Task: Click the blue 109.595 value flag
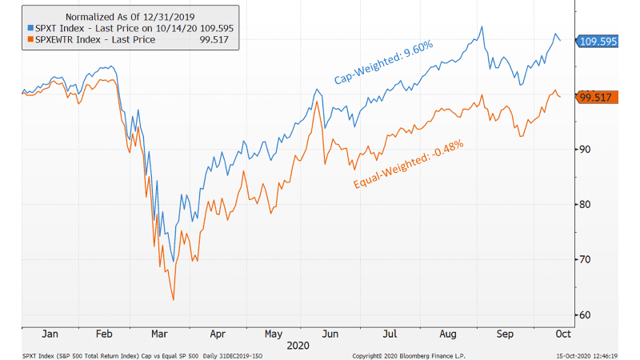(598, 42)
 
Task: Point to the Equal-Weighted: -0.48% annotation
(408, 166)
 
